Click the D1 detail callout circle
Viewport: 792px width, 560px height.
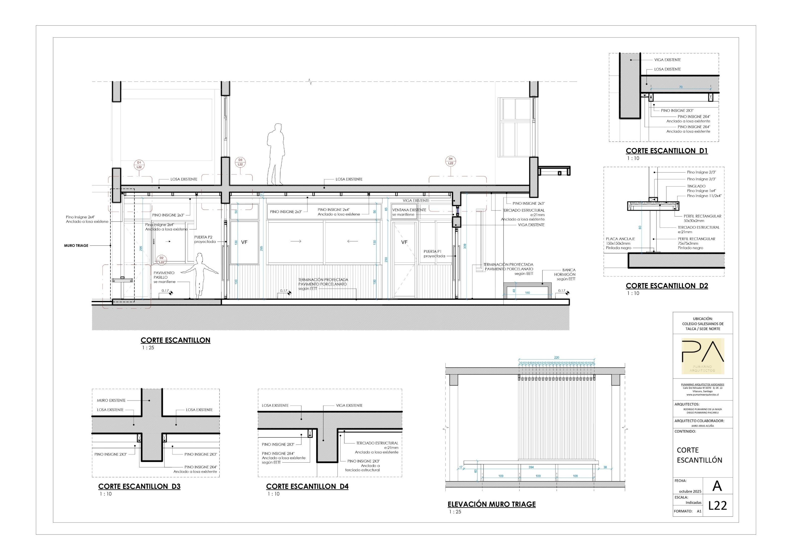139,165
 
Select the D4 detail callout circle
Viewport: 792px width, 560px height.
450,161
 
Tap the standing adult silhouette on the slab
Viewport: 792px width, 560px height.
276,154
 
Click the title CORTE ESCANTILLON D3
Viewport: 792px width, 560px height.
139,486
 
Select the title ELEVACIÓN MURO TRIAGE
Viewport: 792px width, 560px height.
491,504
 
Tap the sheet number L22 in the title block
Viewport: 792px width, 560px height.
718,506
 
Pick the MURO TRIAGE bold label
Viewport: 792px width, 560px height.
76,246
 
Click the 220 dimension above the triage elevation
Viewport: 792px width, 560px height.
556,358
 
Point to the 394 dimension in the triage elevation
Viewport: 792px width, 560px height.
531,467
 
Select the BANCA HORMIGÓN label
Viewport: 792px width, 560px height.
565,274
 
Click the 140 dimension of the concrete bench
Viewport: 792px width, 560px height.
527,293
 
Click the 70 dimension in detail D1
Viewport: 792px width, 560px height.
680,87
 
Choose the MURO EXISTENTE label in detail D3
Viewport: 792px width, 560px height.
111,400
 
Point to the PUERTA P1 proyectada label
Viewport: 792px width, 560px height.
434,254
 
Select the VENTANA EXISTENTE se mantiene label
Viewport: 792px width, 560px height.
409,212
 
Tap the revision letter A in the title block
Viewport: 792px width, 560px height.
717,486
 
